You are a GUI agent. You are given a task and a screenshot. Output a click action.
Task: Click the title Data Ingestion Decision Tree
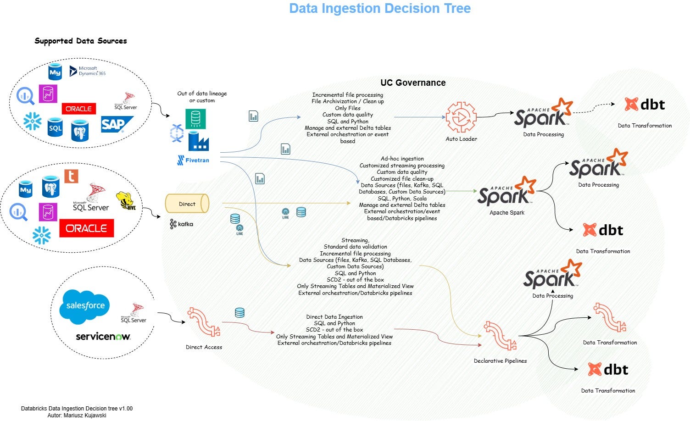(380, 9)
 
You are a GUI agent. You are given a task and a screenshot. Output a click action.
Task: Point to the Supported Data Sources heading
(81, 41)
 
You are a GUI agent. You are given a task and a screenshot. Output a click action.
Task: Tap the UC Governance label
(413, 83)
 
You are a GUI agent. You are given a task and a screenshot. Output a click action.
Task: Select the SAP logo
(116, 124)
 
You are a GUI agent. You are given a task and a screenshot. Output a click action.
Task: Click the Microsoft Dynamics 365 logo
(88, 71)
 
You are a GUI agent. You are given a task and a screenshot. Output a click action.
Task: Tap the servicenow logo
(103, 337)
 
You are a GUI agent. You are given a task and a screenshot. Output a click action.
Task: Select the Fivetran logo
(193, 160)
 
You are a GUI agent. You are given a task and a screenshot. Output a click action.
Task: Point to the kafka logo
(182, 224)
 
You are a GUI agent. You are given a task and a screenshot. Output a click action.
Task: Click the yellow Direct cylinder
(187, 204)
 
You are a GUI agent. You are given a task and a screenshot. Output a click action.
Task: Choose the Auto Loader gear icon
(461, 117)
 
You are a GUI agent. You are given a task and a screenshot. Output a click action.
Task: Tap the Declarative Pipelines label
(500, 361)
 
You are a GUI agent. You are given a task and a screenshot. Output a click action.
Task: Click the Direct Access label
(204, 347)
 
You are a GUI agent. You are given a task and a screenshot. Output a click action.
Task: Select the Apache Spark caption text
(507, 213)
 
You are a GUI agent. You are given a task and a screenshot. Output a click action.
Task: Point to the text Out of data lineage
(202, 94)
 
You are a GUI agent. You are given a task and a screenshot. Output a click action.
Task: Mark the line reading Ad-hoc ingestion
(402, 159)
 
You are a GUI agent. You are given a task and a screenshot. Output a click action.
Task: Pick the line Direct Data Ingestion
(334, 317)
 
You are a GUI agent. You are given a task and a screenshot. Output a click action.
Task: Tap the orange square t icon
(71, 176)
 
